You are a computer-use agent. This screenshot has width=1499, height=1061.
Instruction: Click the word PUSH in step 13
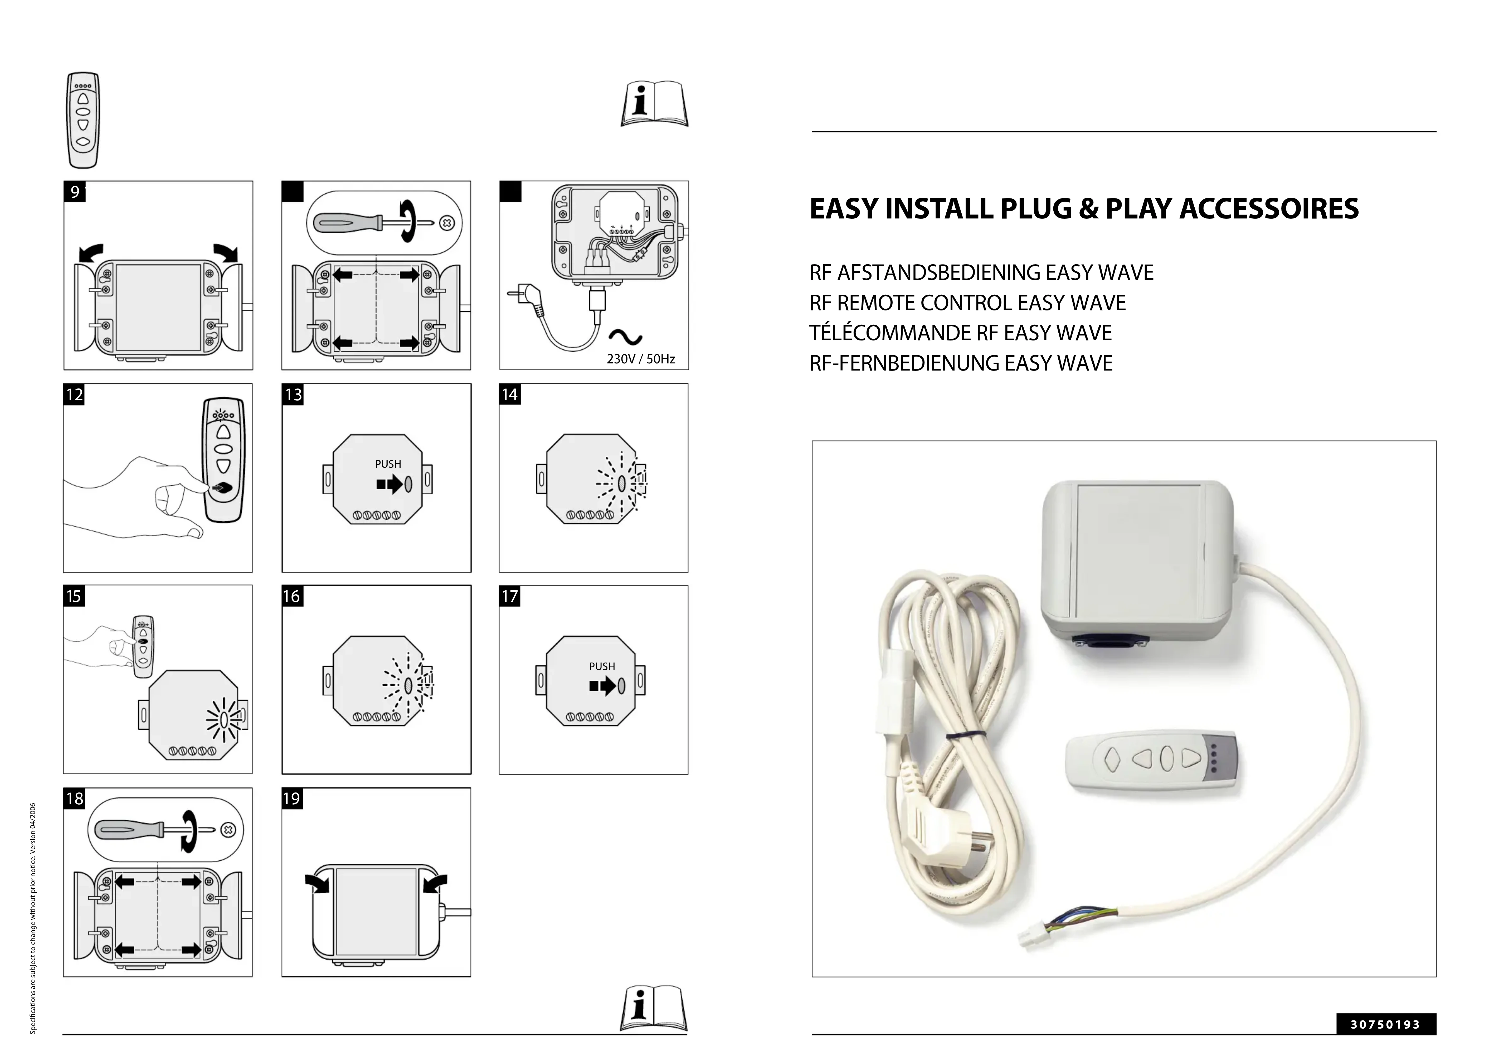coord(388,464)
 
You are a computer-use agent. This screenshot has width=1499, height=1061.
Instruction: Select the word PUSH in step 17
coord(602,666)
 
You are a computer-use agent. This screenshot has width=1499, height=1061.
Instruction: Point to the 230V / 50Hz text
coord(641,359)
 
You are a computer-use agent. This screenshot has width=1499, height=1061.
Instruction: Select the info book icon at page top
coord(654,105)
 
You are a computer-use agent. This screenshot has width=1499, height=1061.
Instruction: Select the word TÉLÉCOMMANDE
coord(890,333)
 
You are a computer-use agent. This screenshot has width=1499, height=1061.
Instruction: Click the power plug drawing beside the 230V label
coord(527,297)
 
